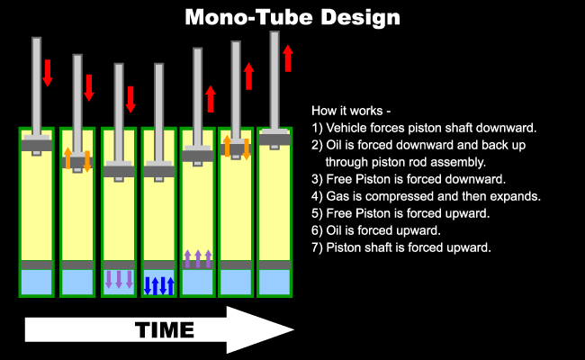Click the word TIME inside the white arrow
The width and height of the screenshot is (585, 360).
point(165,329)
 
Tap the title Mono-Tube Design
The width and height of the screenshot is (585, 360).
point(292,17)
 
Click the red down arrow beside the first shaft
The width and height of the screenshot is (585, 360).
point(48,73)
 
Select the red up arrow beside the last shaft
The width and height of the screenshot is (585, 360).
point(288,58)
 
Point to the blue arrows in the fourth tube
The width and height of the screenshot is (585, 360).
point(159,286)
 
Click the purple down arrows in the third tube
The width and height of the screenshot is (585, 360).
point(119,279)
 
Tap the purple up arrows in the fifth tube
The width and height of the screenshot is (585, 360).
point(198,258)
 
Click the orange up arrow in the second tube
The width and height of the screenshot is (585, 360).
point(67,158)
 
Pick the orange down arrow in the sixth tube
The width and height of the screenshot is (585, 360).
point(247,148)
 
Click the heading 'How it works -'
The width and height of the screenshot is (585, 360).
point(351,111)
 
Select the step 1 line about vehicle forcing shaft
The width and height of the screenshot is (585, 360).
point(424,128)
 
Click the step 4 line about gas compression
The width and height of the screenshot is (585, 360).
point(426,196)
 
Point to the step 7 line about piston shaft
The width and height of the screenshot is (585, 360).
point(401,247)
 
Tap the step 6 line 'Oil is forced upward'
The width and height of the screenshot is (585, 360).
point(376,230)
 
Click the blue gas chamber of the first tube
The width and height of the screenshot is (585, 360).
point(37,282)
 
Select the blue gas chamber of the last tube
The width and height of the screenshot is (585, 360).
point(274,282)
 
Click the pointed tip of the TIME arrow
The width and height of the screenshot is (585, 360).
point(293,329)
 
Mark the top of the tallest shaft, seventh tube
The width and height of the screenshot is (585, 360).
point(274,32)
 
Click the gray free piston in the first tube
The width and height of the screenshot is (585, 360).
point(37,265)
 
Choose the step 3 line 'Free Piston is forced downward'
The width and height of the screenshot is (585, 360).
point(409,179)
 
